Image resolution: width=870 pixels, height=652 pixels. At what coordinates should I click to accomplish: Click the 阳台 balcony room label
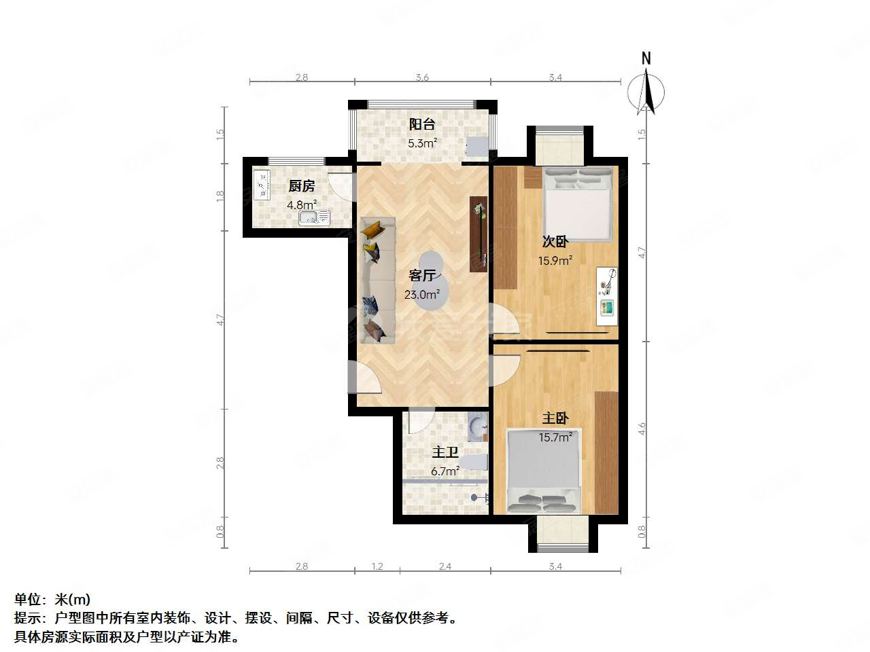(x=422, y=124)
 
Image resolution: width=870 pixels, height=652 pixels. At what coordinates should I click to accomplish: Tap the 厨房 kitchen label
(x=301, y=186)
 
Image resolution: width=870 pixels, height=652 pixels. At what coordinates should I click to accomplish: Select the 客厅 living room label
(x=422, y=276)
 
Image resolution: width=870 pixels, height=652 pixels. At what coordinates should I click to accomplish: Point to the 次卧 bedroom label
(x=555, y=241)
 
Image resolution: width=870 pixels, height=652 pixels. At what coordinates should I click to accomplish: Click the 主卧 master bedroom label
(x=555, y=418)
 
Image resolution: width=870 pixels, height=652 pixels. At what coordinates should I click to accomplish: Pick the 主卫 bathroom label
(x=445, y=452)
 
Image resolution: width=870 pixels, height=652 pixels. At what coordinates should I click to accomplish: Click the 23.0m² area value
(x=422, y=295)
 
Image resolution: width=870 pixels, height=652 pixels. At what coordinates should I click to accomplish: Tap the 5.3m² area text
(x=422, y=143)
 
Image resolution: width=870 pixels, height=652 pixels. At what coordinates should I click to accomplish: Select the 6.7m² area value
(x=445, y=471)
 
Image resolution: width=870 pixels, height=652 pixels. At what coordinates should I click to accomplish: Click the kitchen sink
(x=313, y=218)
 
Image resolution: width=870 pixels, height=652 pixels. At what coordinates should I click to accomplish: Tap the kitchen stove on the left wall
(x=262, y=183)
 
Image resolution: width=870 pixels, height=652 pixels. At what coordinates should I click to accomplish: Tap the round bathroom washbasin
(x=478, y=427)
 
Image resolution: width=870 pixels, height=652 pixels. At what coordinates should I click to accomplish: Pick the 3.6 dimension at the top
(x=422, y=78)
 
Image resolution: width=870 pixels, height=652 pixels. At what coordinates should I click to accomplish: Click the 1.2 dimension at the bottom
(x=378, y=566)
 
